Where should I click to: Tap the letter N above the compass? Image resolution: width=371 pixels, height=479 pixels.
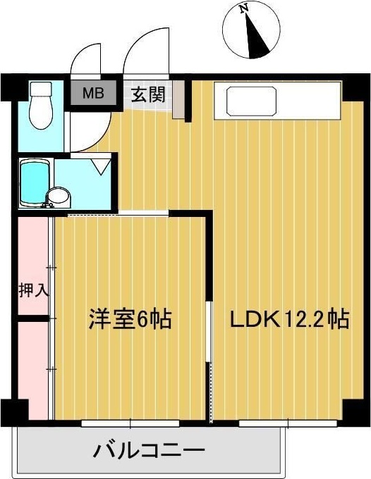coord(244,9)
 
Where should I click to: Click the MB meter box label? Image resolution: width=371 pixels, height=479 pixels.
coord(92,92)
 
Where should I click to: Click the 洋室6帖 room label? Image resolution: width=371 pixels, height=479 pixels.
coord(130,319)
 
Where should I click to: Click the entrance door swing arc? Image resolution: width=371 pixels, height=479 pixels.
coord(146,49)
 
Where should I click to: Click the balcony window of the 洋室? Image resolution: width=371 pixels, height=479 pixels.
coord(120,423)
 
